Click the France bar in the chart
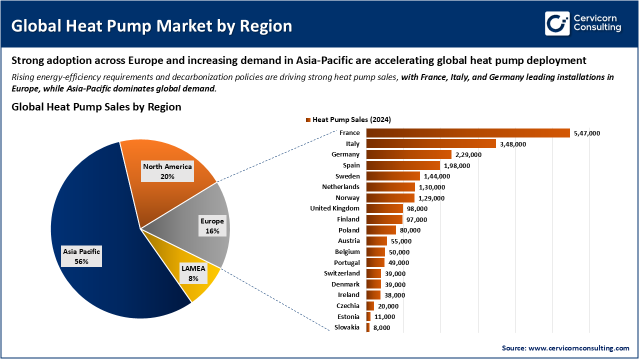pos(468,133)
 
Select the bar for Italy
pos(431,144)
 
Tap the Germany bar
pos(408,154)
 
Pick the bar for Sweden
pos(393,176)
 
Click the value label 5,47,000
pos(587,133)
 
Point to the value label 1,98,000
pos(457,165)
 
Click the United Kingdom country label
pos(334,208)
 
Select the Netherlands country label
pos(340,186)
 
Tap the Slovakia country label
pos(346,327)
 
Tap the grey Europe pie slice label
pos(212,226)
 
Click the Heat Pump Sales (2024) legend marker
pos(308,120)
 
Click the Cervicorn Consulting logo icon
pos(557,23)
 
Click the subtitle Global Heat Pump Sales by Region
pos(96,107)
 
